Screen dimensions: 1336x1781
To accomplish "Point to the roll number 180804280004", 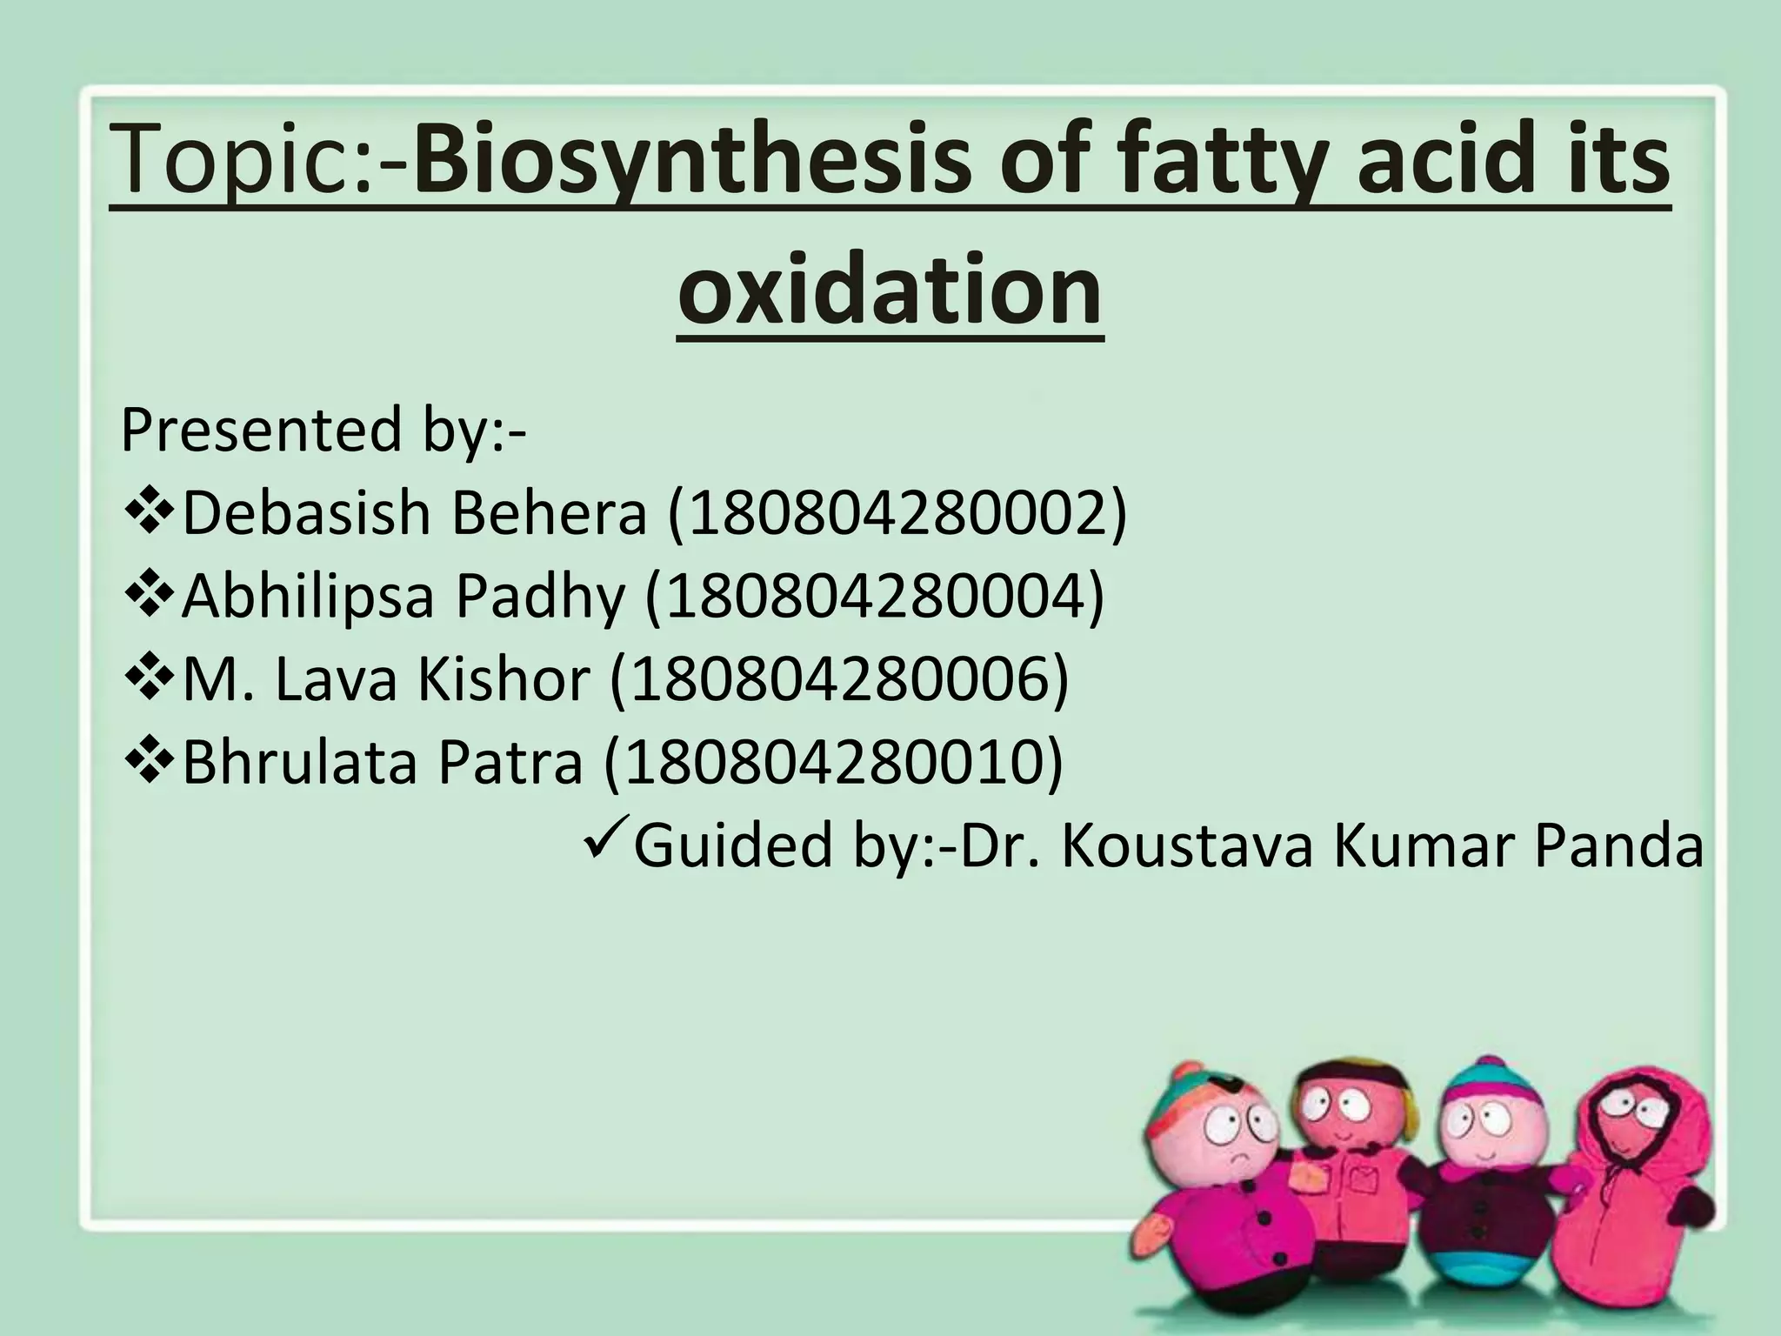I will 874,597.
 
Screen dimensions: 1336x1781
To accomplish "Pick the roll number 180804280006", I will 839,679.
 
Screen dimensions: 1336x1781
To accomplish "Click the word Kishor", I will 504,679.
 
